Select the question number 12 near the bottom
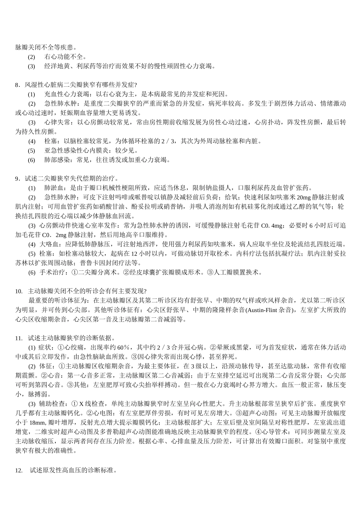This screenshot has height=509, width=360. pos(19,470)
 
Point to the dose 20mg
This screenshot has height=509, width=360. pos(302,197)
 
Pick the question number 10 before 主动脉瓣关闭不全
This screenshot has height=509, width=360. pos(19,291)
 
